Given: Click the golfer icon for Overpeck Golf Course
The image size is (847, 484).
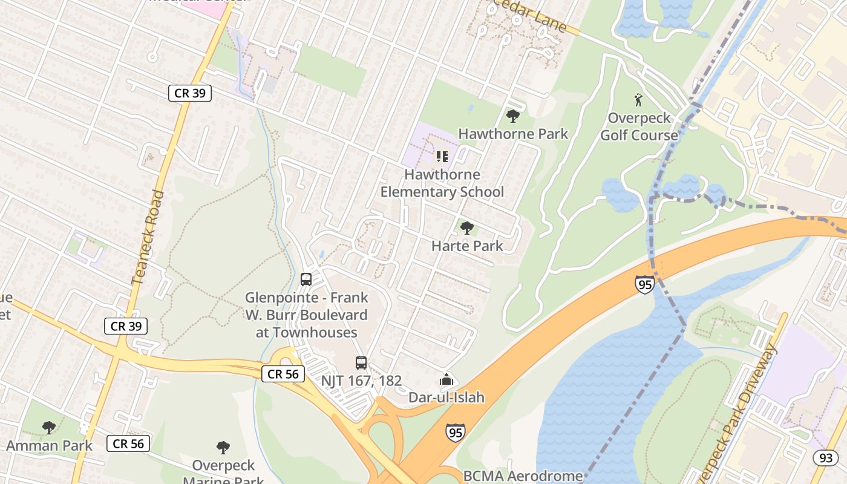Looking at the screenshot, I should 638,99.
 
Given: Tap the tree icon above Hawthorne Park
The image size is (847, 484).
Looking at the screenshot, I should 513,116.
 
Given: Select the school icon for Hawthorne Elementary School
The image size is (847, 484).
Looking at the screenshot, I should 442,157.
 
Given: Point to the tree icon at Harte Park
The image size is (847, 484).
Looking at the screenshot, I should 466,228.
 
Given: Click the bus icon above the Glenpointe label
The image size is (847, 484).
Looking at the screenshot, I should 306,280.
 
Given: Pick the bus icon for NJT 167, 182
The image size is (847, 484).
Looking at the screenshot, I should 361,363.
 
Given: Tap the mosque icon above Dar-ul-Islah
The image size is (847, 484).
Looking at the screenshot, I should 446,380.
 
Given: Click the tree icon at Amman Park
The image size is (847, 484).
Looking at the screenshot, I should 49,428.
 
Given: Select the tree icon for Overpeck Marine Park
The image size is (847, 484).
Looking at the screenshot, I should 223,448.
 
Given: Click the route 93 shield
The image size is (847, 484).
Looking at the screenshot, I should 826,458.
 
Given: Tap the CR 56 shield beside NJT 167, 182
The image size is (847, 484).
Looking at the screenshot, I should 283,374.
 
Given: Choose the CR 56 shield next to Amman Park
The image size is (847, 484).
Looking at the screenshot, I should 128,443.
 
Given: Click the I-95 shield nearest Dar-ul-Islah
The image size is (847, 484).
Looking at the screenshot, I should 456,432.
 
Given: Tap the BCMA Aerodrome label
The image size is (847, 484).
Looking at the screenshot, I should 523,476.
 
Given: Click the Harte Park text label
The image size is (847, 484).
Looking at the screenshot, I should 467,246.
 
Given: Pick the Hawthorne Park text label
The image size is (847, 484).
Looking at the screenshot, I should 513,134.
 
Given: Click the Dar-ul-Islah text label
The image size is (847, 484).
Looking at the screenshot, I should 446,397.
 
